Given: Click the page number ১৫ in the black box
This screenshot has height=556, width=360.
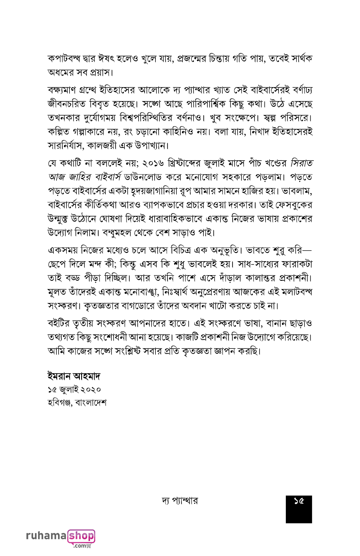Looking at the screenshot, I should click(x=299, y=501).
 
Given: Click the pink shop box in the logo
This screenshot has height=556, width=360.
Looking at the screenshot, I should click(x=82, y=535).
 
